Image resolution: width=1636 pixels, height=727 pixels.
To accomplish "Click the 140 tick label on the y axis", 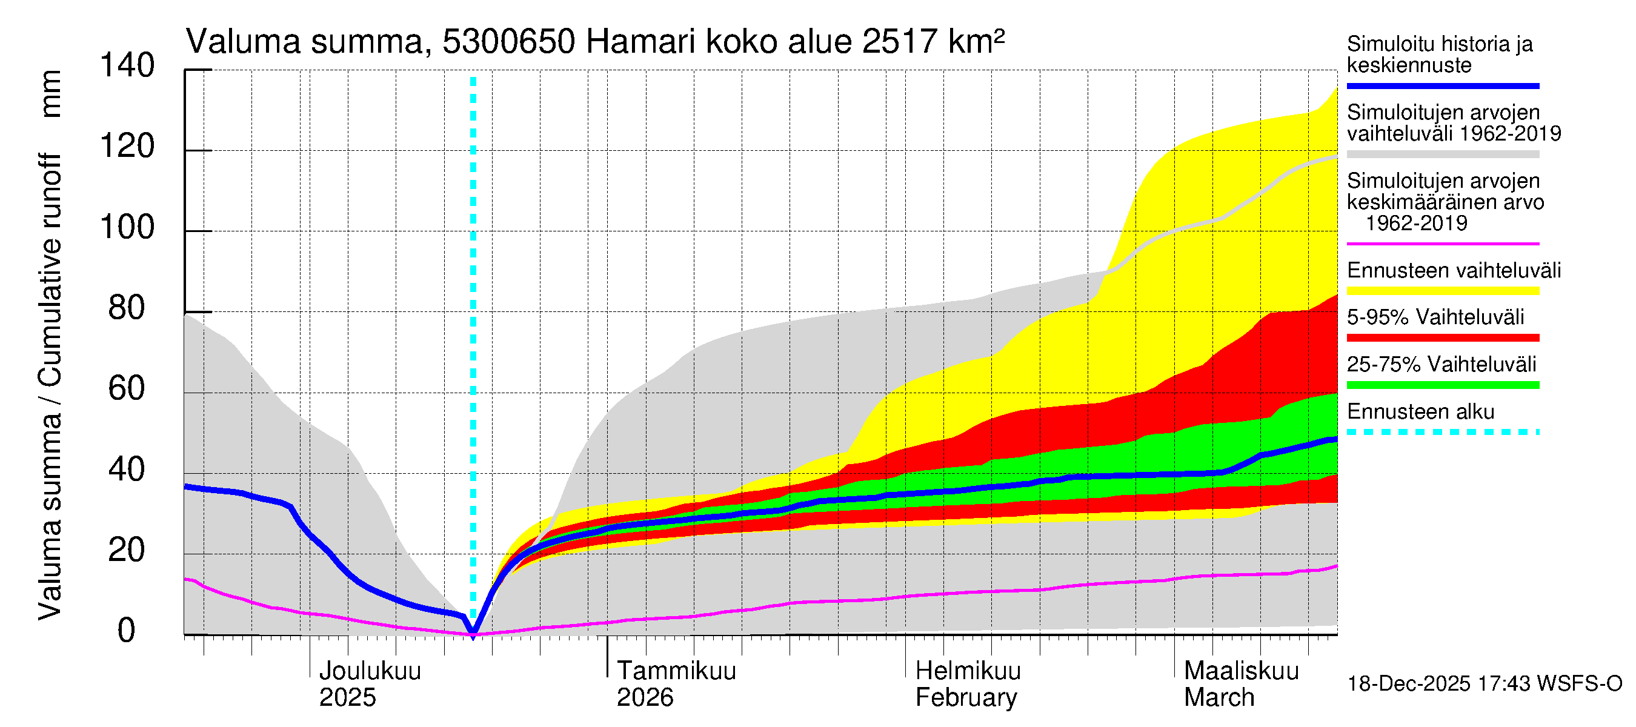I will (x=127, y=65).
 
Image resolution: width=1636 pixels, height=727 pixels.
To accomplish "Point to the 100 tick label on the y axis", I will (x=127, y=227).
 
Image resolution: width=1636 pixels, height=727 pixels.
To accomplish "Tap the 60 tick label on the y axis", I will (x=127, y=388).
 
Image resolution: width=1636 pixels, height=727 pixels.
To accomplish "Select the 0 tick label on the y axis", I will (x=127, y=631).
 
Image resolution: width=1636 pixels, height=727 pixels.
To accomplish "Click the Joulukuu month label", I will (x=370, y=671).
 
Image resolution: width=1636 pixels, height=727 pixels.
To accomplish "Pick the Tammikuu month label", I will (x=676, y=671).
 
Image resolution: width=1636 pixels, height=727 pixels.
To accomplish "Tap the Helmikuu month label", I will (x=968, y=671).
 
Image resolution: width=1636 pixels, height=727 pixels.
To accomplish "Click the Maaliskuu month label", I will (x=1241, y=671).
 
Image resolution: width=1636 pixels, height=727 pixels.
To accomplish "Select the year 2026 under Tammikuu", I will (x=645, y=698).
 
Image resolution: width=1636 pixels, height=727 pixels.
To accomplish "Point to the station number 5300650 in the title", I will (x=509, y=42).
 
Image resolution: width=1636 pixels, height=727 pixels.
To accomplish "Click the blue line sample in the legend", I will (x=1443, y=85).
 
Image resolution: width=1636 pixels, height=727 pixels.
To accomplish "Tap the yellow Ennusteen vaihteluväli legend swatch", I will (x=1443, y=291).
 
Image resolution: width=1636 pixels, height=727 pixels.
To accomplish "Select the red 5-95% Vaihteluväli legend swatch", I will (x=1443, y=339).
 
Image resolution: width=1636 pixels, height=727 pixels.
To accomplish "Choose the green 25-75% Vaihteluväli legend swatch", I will (x=1443, y=385).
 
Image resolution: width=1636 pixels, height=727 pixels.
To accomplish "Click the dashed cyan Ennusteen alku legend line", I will (x=1443, y=433).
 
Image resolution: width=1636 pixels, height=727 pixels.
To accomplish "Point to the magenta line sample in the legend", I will (x=1443, y=244).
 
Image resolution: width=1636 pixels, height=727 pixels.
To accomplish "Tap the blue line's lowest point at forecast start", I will (x=473, y=634).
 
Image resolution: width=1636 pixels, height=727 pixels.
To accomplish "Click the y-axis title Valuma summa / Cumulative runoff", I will (x=50, y=387).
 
